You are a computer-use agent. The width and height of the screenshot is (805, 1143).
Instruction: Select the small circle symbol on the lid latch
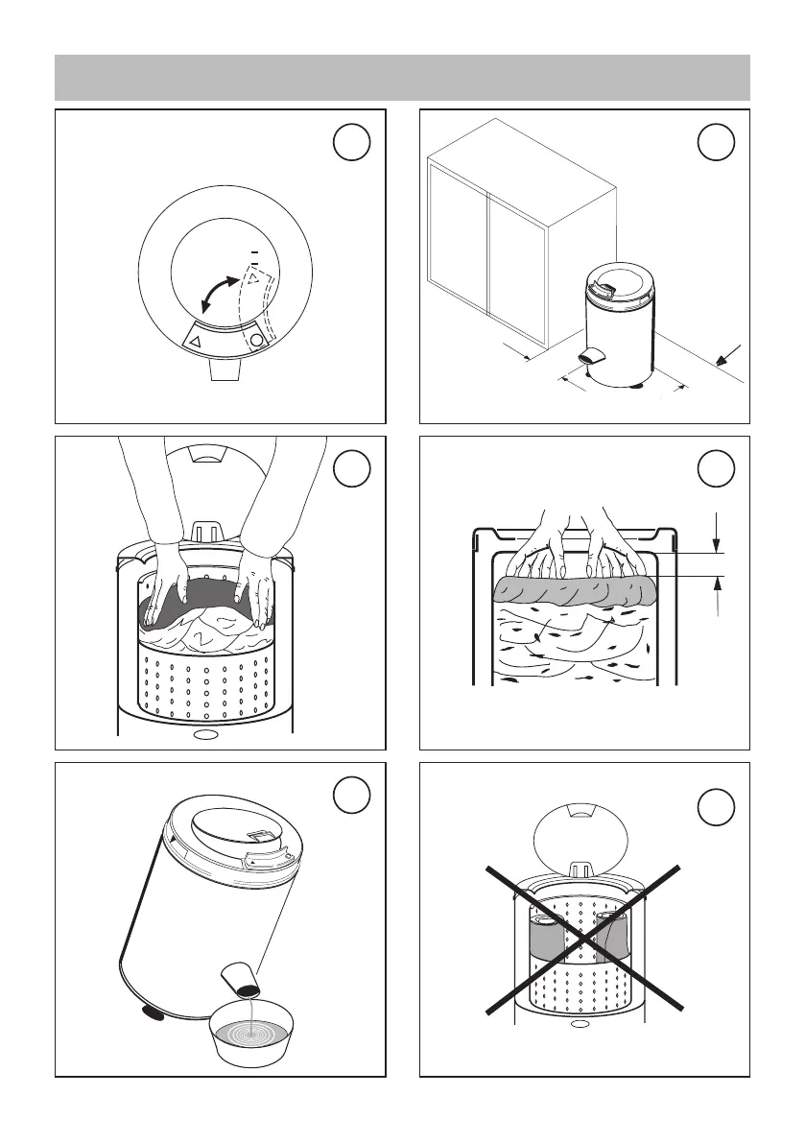pyautogui.click(x=256, y=339)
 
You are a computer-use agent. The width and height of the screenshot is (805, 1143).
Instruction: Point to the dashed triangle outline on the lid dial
pyautogui.click(x=253, y=277)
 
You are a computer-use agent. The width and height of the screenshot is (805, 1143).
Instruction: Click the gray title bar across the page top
pyautogui.click(x=402, y=78)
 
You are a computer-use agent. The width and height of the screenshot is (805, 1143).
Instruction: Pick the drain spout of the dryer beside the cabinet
pyautogui.click(x=592, y=355)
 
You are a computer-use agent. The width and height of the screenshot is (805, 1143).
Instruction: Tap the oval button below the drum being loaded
pyautogui.click(x=204, y=736)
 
